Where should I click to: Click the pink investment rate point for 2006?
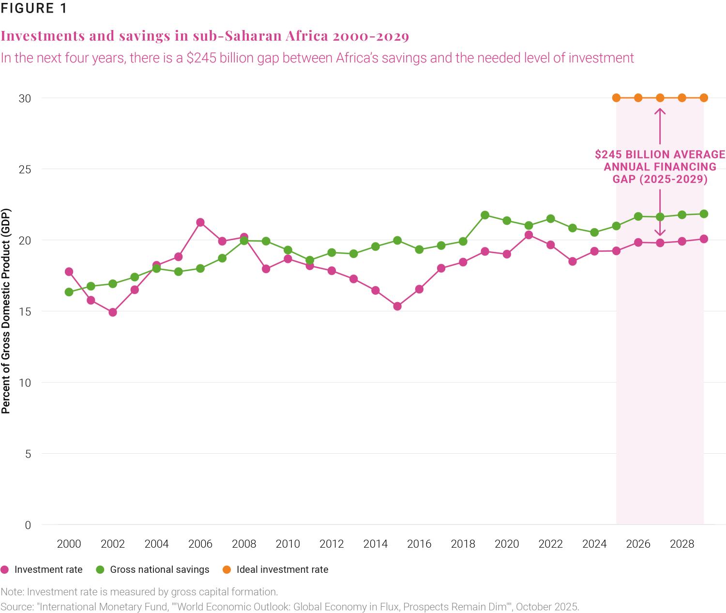tap(200, 223)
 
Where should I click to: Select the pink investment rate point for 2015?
tap(397, 306)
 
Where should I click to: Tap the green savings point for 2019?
tap(485, 215)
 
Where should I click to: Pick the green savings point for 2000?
tap(69, 292)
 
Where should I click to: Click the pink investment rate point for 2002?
tap(113, 312)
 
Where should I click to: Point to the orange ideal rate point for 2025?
tap(616, 98)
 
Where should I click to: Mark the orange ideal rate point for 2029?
tap(704, 98)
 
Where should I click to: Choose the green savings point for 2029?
tap(704, 214)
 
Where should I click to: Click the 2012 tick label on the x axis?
tap(332, 544)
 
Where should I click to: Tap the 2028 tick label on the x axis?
tap(681, 544)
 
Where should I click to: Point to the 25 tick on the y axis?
tap(25, 169)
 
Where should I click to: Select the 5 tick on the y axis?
tap(28, 454)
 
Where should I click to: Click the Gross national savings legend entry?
tap(159, 570)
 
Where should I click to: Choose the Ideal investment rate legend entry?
tap(282, 570)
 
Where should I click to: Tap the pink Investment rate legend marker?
tap(5, 570)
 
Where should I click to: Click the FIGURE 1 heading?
tap(34, 9)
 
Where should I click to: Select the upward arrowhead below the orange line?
tap(660, 111)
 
